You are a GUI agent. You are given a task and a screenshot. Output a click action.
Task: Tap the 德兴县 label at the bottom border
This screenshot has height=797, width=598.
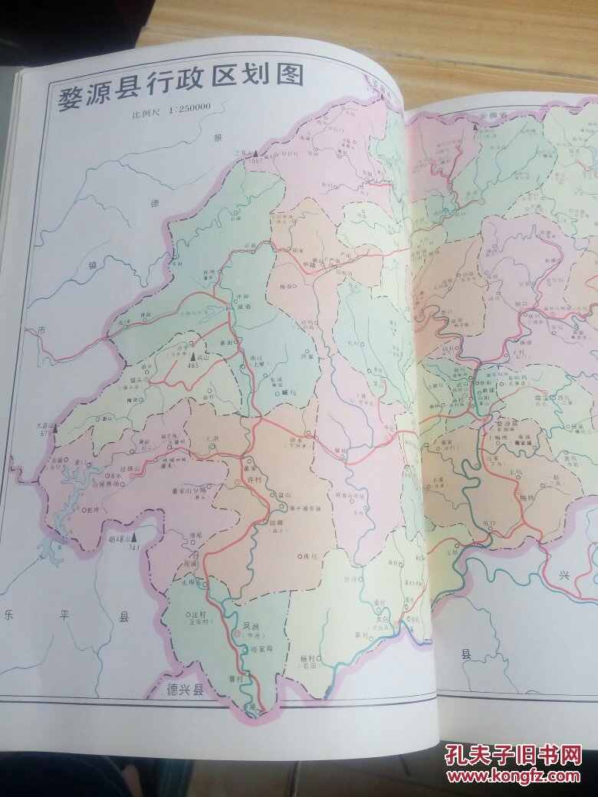pyautogui.click(x=186, y=690)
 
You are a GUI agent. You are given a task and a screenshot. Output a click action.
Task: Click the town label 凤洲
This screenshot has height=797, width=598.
pyautogui.click(x=251, y=626)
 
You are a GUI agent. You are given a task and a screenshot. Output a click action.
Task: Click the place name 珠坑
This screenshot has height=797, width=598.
pyautogui.click(x=310, y=557)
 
